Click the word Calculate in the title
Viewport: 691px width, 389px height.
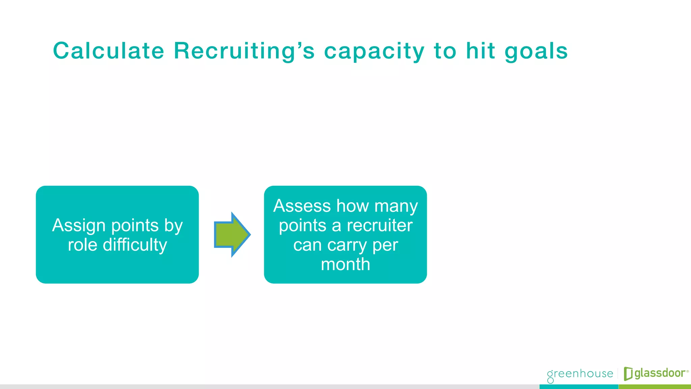[109, 51]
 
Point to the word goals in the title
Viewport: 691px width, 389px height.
[536, 52]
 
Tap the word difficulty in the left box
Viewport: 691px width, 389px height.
[135, 245]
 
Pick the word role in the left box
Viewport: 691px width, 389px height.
[82, 245]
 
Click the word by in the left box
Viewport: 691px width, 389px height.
[173, 226]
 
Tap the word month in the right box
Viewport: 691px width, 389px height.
[345, 264]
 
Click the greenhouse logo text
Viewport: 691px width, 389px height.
[580, 374]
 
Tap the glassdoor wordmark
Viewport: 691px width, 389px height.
[660, 373]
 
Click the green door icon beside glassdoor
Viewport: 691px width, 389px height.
[628, 373]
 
